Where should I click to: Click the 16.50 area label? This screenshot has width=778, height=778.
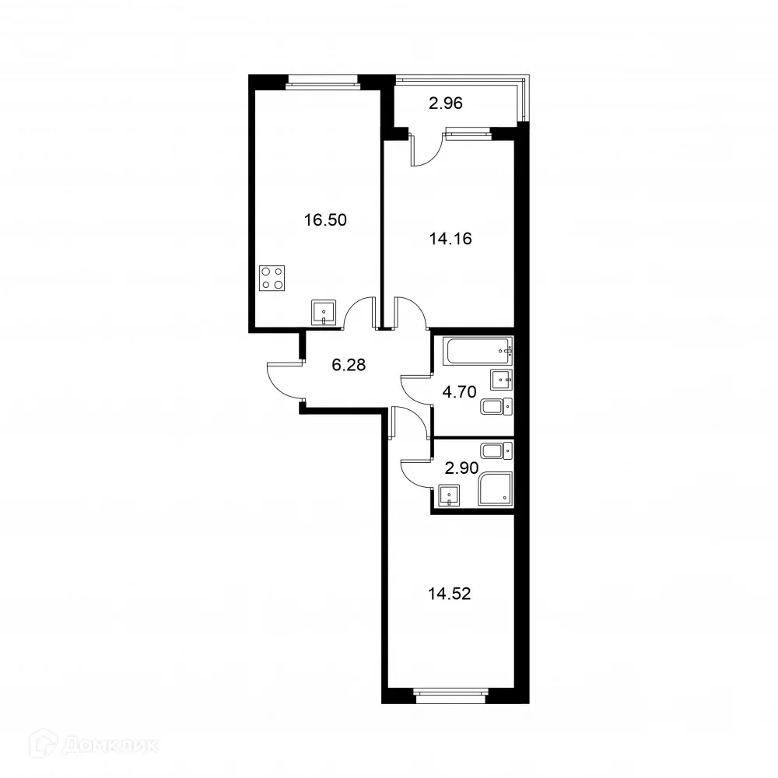pos(324,219)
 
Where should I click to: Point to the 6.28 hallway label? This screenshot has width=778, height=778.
pos(349,363)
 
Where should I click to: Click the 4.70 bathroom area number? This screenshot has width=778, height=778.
pos(458,392)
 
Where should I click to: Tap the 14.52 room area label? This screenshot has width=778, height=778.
pos(450,594)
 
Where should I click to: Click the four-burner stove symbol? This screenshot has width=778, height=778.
pos(272,278)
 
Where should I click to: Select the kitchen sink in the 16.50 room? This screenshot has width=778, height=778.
pos(324,313)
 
